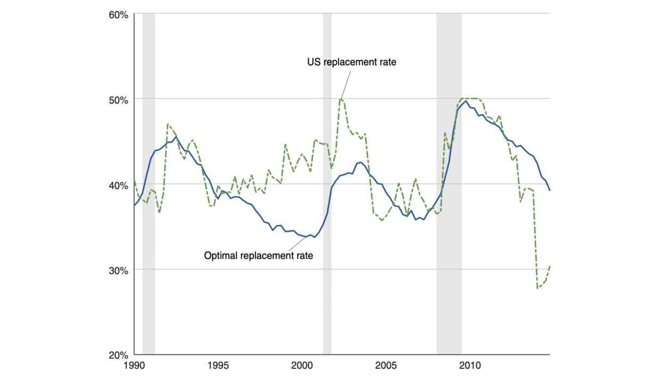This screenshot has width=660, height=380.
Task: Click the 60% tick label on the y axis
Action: [x=119, y=15]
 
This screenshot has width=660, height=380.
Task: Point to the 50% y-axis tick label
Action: [x=119, y=100]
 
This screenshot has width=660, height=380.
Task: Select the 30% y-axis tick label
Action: [x=119, y=271]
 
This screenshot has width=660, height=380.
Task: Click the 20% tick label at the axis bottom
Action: [x=119, y=355]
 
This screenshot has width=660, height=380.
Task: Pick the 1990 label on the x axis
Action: [x=134, y=366]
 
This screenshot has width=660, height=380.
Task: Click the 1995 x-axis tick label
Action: [x=218, y=366]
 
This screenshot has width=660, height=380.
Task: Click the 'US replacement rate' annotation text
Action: [x=352, y=62]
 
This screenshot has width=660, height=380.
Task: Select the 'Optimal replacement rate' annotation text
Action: [x=259, y=255]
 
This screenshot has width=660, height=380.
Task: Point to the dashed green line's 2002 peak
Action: [x=341, y=98]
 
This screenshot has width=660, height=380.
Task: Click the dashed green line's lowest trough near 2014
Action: [x=538, y=288]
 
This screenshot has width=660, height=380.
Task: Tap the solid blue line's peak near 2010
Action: [x=466, y=101]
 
